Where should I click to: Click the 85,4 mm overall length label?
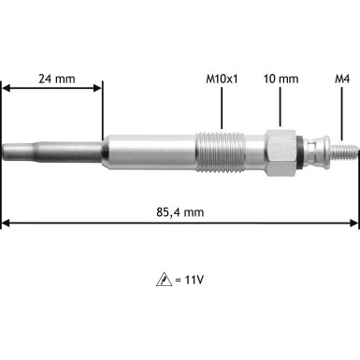point(180,212)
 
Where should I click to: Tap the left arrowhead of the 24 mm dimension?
point(6,89)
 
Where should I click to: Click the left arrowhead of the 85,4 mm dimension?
point(6,223)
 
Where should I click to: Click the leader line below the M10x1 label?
point(222,108)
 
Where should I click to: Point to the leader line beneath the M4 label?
point(343,112)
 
